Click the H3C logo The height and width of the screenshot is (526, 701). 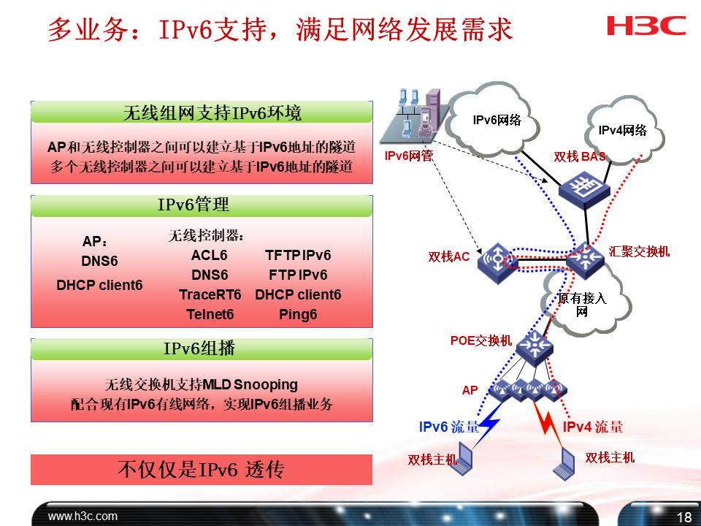(x=646, y=26)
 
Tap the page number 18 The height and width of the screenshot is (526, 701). (x=683, y=517)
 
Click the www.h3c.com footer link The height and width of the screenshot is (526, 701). (x=83, y=516)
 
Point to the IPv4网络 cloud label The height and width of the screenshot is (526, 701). (x=623, y=131)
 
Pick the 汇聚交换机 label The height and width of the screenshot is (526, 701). (x=640, y=251)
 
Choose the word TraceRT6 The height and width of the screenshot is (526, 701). (x=210, y=294)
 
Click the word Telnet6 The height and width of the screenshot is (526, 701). (x=210, y=315)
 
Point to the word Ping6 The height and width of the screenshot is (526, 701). (x=298, y=315)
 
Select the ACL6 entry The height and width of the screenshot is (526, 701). (x=210, y=255)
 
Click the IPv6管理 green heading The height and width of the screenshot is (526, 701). (x=202, y=205)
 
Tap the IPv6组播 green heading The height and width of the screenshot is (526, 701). (x=202, y=348)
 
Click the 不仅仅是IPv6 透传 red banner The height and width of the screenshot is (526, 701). (x=202, y=469)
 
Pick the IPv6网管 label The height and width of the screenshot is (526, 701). (x=407, y=156)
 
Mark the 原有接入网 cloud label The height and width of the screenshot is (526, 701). (x=582, y=305)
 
